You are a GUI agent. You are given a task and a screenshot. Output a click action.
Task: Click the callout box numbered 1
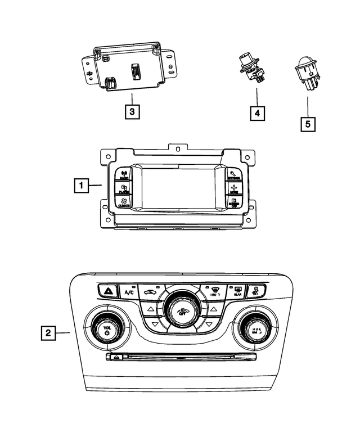[80, 184]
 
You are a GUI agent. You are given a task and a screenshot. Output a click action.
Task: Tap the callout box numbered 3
[132, 112]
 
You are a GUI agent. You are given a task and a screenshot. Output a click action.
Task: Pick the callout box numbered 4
[256, 114]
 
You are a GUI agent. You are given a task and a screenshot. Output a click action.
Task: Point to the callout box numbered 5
[308, 123]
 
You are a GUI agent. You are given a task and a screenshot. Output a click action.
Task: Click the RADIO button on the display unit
[124, 174]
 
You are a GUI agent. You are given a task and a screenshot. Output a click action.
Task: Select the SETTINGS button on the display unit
[234, 174]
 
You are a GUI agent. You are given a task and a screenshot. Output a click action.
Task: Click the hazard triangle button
[107, 291]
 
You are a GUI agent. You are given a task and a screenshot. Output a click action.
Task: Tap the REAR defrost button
[237, 290]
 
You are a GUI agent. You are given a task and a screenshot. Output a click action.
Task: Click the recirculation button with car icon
[149, 292]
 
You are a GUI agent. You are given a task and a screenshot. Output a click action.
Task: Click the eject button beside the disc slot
[115, 357]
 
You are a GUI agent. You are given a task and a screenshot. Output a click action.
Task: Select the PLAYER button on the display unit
[124, 188]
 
